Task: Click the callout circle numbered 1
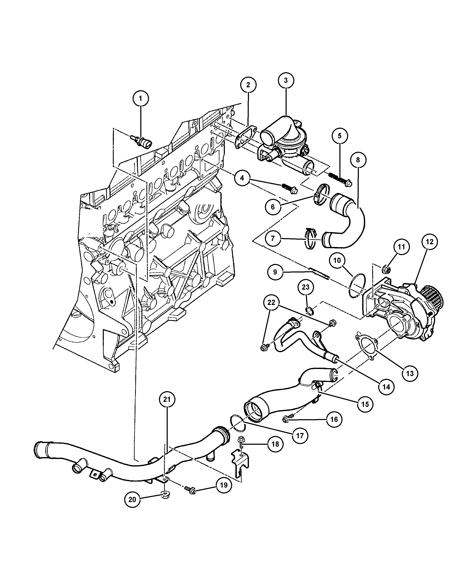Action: click(x=140, y=98)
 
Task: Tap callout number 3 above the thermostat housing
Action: click(x=286, y=80)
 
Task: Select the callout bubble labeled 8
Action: click(x=358, y=160)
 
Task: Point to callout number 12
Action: click(x=430, y=242)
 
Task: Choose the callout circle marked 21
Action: click(x=167, y=399)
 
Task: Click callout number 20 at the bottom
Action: click(x=132, y=500)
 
